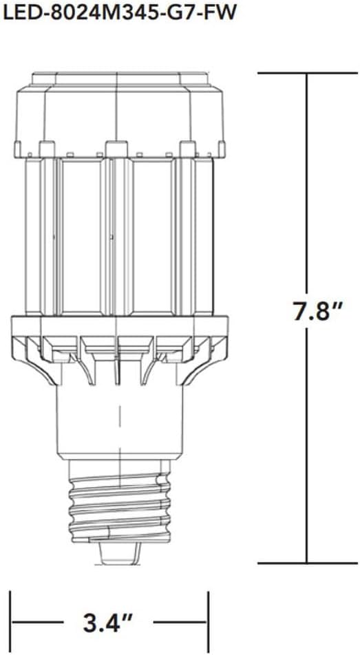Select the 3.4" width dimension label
pos(110,625)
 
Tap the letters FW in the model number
pos(213,12)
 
